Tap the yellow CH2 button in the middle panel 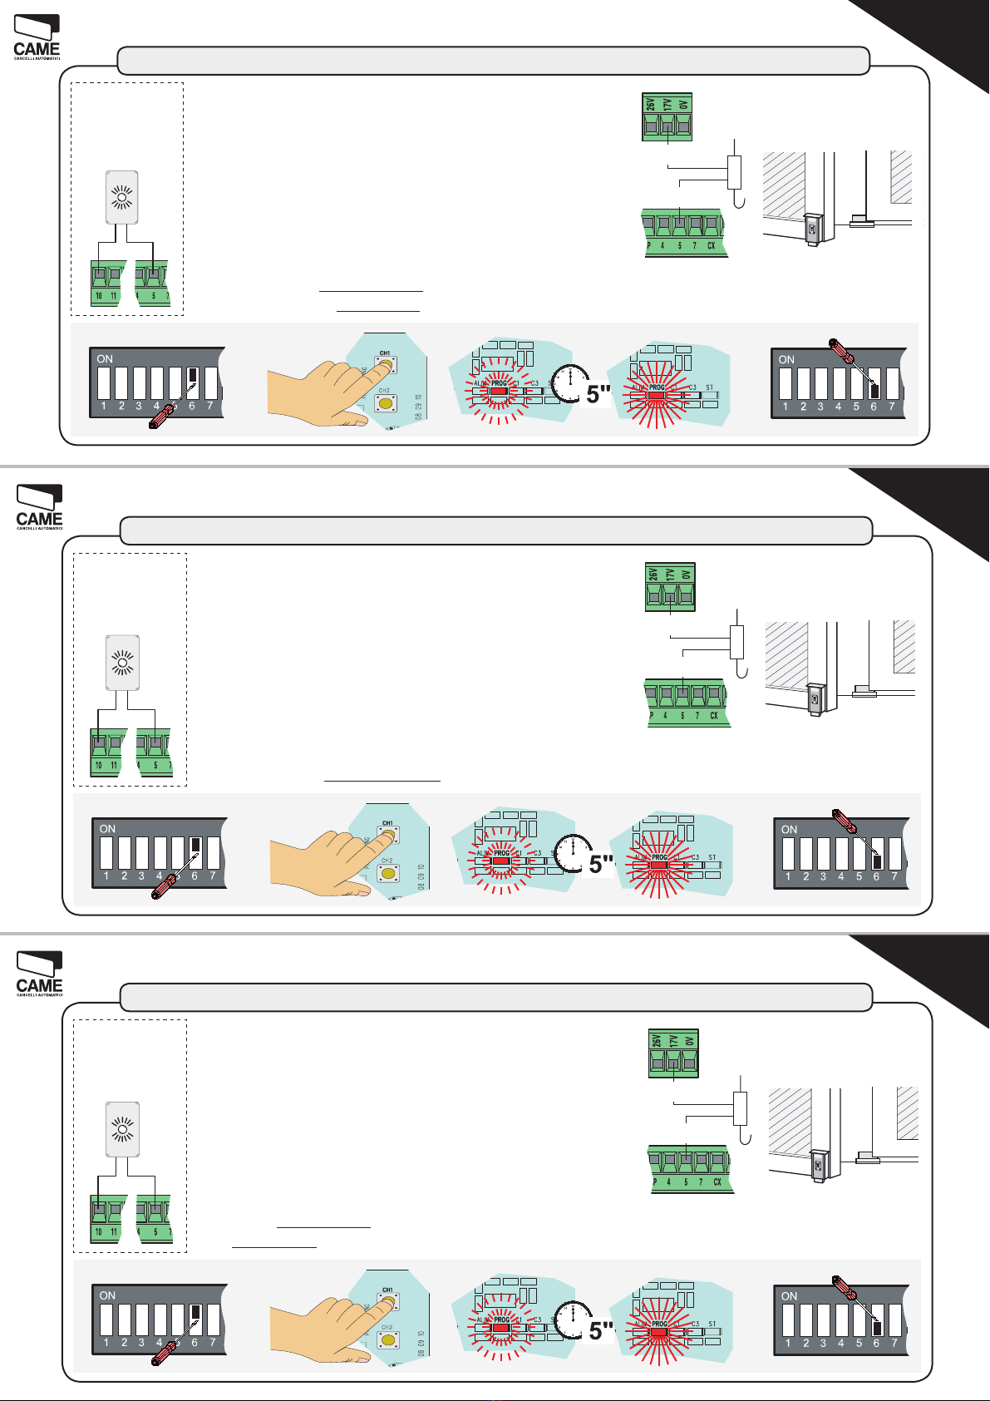point(387,873)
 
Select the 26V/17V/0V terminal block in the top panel point(667,117)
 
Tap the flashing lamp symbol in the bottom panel point(122,1130)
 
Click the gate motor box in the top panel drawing point(812,228)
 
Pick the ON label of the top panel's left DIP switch point(105,359)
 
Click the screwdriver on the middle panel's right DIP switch point(846,821)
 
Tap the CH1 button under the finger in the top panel point(385,364)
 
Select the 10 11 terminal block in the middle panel point(106,752)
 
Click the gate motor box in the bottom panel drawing point(819,1165)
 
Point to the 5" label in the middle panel point(601,864)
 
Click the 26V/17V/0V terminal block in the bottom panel point(673,1053)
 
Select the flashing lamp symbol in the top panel point(122,197)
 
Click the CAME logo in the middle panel point(39,508)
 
